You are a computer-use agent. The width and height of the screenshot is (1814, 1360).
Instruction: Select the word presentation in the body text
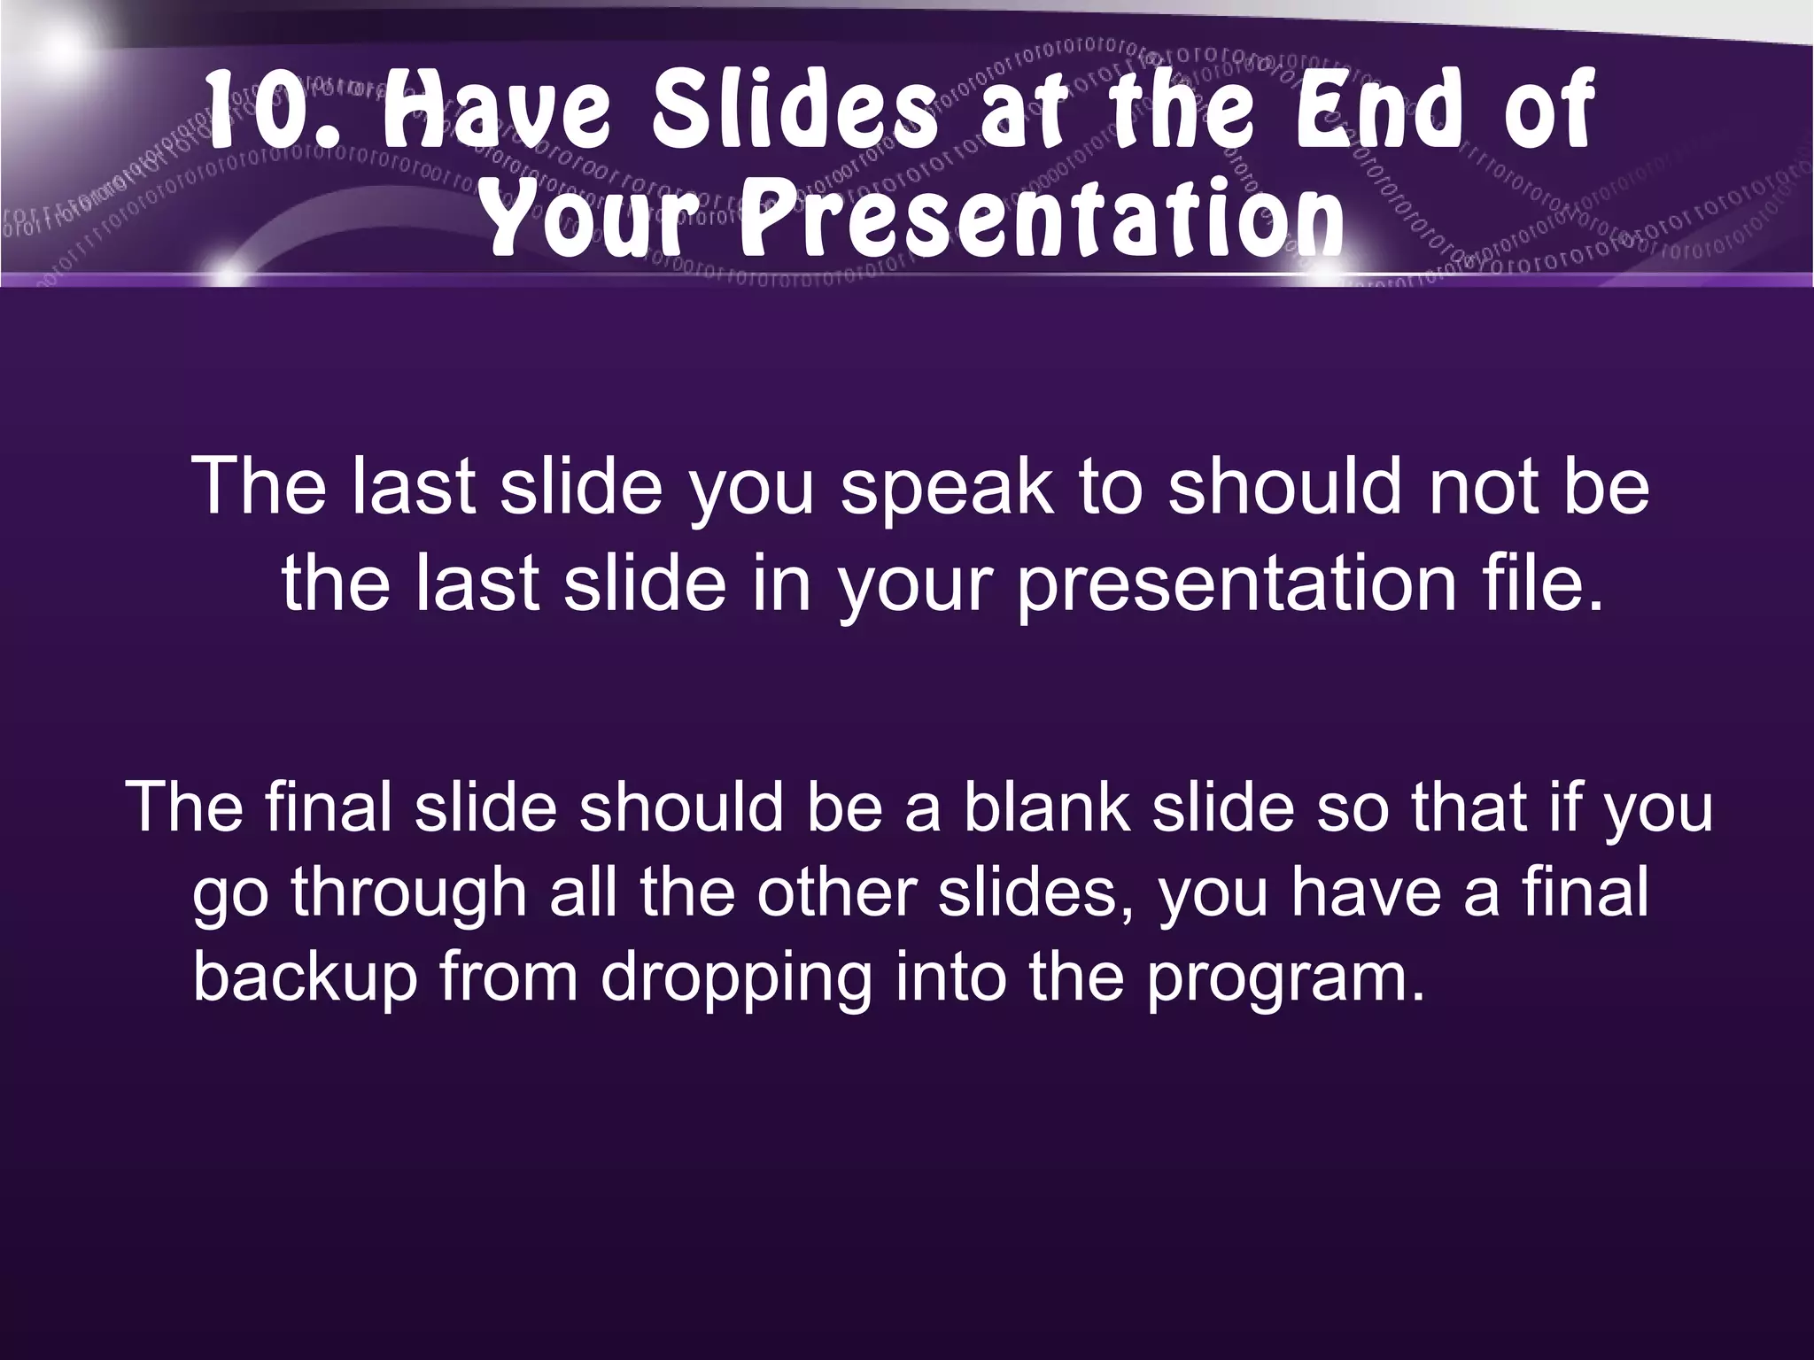tap(1236, 588)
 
